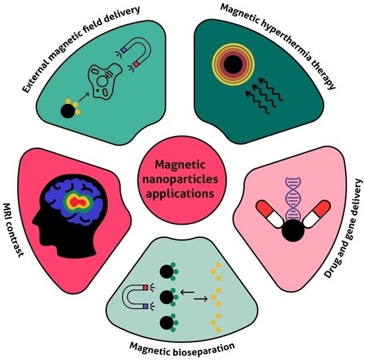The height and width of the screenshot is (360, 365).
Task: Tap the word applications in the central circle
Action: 182,195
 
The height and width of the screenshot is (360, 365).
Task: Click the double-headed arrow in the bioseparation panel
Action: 193,294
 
